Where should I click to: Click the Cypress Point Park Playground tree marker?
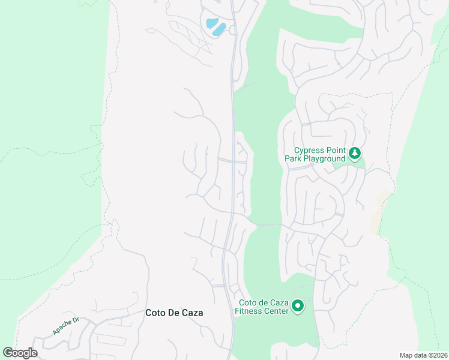click(355, 154)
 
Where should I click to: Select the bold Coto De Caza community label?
click(174, 313)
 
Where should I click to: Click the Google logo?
click(20, 353)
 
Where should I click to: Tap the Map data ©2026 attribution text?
click(423, 355)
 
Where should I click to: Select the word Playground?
click(324, 158)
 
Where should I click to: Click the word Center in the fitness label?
click(275, 311)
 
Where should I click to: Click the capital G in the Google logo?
click(8, 353)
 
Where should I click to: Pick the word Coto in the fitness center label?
click(248, 303)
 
